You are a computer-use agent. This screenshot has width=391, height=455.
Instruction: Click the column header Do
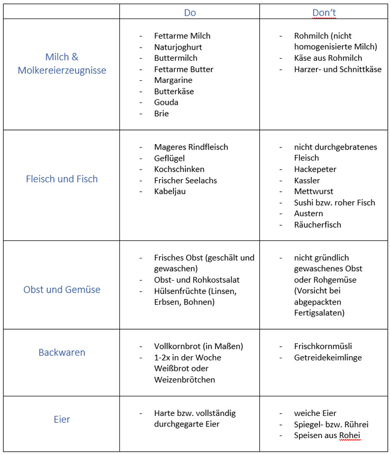click(x=190, y=13)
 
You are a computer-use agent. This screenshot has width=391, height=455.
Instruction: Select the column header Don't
click(x=324, y=13)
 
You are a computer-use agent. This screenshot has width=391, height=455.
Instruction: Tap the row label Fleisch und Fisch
click(x=62, y=179)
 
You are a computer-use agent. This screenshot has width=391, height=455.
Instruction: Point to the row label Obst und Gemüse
click(x=62, y=290)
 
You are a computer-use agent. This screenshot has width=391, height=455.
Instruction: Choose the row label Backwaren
click(x=62, y=352)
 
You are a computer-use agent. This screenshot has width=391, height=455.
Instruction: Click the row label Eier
click(x=62, y=420)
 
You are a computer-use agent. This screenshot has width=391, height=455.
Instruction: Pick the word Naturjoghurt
click(x=178, y=47)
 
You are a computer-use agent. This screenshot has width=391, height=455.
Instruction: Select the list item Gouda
click(x=166, y=103)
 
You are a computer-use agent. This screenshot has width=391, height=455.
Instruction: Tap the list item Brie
click(x=161, y=114)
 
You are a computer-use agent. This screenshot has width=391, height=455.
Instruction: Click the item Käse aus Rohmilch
click(x=328, y=58)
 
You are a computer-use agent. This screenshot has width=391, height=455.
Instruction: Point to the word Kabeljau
click(x=170, y=191)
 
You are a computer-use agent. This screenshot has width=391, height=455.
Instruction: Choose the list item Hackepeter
click(x=315, y=169)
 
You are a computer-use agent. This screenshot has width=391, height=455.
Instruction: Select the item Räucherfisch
click(x=318, y=225)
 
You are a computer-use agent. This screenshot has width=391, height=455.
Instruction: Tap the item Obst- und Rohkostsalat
click(x=197, y=280)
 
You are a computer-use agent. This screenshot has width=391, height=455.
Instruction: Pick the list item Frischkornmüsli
click(x=323, y=347)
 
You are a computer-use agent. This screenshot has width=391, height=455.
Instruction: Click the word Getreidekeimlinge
click(x=327, y=358)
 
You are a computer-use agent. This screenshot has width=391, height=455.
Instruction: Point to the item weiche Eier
click(x=315, y=413)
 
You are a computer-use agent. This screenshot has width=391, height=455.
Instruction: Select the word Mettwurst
click(x=314, y=191)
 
